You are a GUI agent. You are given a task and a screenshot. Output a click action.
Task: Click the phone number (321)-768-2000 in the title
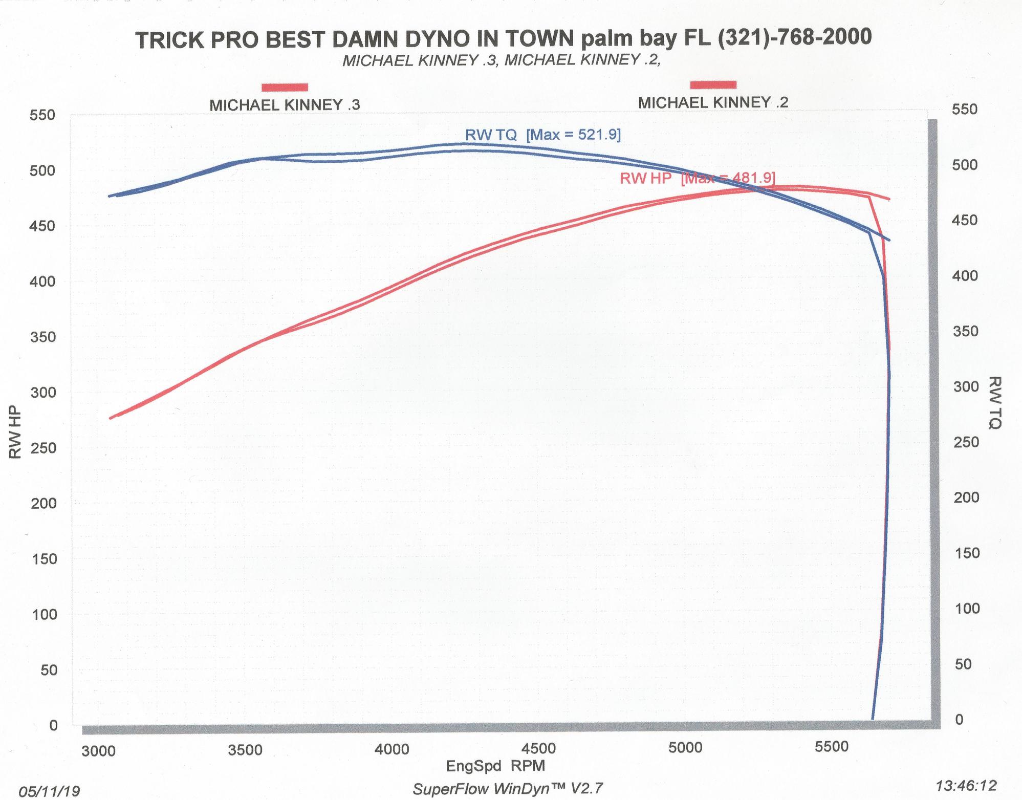795,37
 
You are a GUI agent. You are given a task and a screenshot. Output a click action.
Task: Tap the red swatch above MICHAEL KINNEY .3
285,87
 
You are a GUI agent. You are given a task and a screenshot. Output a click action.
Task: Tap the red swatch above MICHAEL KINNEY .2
713,84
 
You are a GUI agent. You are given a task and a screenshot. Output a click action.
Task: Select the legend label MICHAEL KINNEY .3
285,105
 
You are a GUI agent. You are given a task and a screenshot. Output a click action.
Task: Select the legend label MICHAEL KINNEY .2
713,103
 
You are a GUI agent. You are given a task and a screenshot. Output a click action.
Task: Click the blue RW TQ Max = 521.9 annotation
542,135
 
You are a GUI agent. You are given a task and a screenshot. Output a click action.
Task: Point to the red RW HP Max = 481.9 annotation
697,178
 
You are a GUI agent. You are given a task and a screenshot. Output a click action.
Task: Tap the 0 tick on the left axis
54,725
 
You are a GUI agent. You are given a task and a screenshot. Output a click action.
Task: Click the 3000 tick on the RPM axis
99,751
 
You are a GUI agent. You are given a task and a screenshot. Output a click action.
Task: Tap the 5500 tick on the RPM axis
831,746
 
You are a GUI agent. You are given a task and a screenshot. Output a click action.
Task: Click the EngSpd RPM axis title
495,766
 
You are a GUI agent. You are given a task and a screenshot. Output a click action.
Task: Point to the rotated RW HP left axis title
15,432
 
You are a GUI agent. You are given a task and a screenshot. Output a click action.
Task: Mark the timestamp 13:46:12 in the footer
966,786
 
